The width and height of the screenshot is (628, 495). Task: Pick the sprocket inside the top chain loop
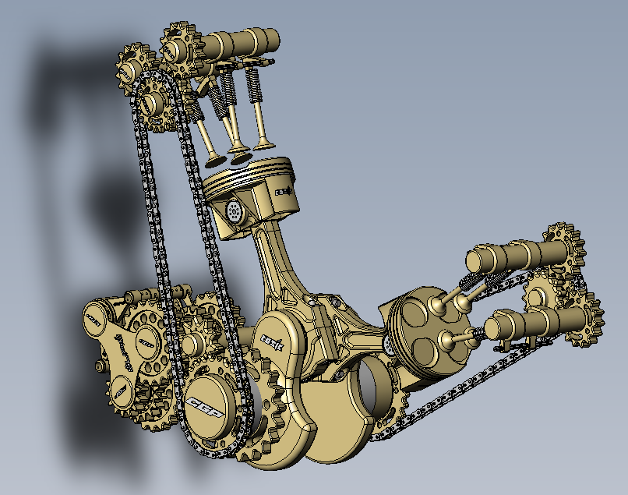[x=156, y=101]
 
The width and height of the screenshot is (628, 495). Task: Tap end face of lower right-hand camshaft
[x=499, y=322]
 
